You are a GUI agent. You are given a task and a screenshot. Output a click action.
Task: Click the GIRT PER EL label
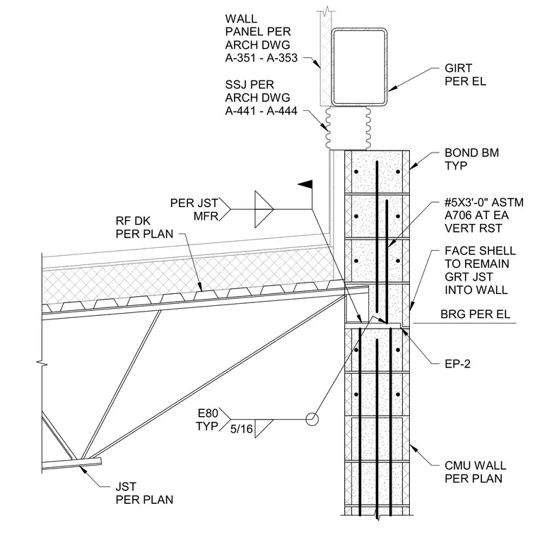pyautogui.click(x=465, y=75)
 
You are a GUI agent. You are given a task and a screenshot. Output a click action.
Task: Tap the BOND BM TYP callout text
pyautogui.click(x=471, y=159)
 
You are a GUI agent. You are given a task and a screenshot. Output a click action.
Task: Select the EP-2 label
pyautogui.click(x=457, y=364)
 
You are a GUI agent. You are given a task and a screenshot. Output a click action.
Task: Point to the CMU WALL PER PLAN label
pyautogui.click(x=475, y=472)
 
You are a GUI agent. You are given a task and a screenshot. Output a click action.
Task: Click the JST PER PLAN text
pyautogui.click(x=144, y=493)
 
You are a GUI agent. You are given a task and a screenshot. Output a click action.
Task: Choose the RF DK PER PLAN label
pyautogui.click(x=144, y=228)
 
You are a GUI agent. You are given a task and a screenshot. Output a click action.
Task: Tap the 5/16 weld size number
pyautogui.click(x=242, y=429)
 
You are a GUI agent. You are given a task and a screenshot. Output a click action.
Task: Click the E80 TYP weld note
pyautogui.click(x=207, y=420)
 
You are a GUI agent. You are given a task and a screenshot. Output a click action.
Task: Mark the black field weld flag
pyautogui.click(x=305, y=184)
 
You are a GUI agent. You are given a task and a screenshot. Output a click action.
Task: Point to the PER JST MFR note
pyautogui.click(x=194, y=210)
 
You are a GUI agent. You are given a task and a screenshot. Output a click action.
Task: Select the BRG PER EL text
pyautogui.click(x=475, y=314)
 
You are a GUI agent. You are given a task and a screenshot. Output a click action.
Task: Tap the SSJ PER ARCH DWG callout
pyautogui.click(x=261, y=98)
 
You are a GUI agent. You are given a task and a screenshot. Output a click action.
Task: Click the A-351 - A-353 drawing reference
pyautogui.click(x=261, y=58)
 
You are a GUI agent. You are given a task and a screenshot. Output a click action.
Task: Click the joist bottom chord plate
pyautogui.click(x=71, y=464)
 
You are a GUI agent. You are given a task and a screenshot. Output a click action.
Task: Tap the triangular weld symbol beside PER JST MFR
pyautogui.click(x=264, y=209)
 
